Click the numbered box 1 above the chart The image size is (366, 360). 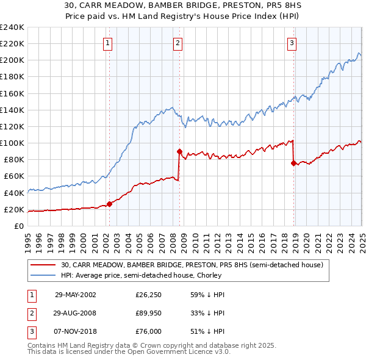[107, 43]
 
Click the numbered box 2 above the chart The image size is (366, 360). [177, 43]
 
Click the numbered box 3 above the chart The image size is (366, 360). [292, 43]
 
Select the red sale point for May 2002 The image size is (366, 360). [110, 204]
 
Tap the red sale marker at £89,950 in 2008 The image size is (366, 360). [179, 151]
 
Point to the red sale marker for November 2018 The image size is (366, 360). [293, 163]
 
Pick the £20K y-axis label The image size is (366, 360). [15, 209]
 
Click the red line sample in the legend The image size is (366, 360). [43, 265]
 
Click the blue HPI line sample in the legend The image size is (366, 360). [43, 276]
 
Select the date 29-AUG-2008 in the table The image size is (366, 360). [75, 314]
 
